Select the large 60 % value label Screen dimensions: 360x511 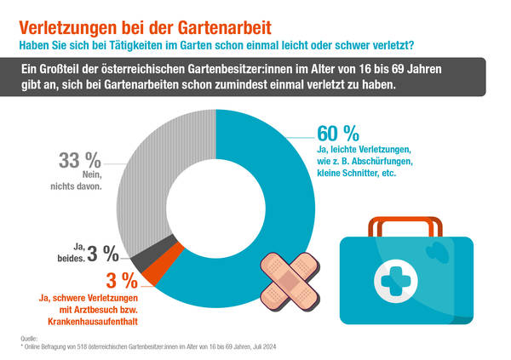coord(337,134)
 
